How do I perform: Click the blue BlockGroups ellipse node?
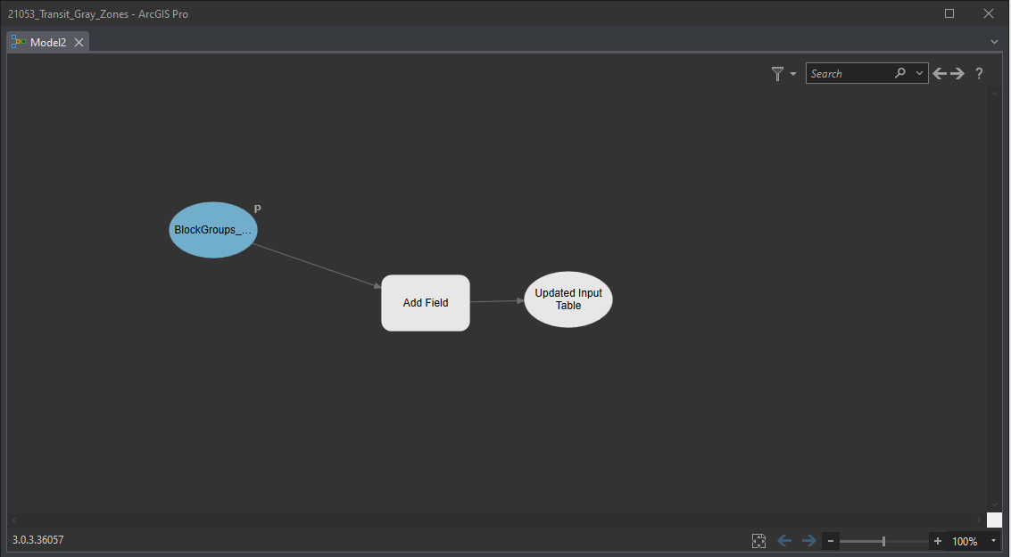pyautogui.click(x=212, y=230)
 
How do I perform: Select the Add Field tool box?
pyautogui.click(x=426, y=303)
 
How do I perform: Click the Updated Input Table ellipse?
pyautogui.click(x=568, y=299)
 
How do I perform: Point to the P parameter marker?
pyautogui.click(x=257, y=209)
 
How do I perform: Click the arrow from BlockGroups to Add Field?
pyautogui.click(x=316, y=266)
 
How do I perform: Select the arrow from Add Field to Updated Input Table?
pyautogui.click(x=497, y=300)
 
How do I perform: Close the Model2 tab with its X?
pyautogui.click(x=79, y=43)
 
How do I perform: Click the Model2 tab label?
pyautogui.click(x=48, y=43)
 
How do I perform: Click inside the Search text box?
pyautogui.click(x=848, y=73)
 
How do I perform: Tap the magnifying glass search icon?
pyautogui.click(x=900, y=73)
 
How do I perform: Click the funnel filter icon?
pyautogui.click(x=777, y=73)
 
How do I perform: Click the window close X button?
pyautogui.click(x=989, y=13)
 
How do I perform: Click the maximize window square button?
pyautogui.click(x=949, y=13)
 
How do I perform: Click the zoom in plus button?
pyautogui.click(x=938, y=541)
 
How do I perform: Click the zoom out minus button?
pyautogui.click(x=831, y=541)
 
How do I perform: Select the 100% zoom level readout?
pyautogui.click(x=965, y=542)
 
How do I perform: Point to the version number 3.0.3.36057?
pyautogui.click(x=38, y=539)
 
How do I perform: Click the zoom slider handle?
pyautogui.click(x=883, y=541)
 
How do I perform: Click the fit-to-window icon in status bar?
pyautogui.click(x=758, y=541)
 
